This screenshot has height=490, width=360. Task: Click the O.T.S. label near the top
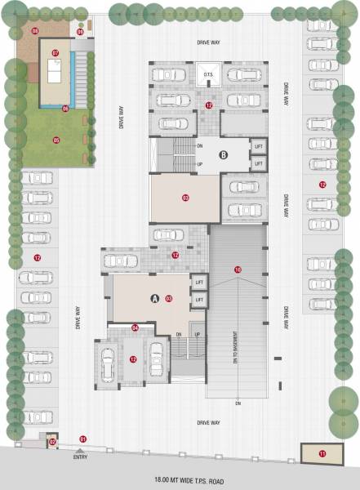point(207,75)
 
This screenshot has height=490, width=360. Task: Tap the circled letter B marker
point(222,154)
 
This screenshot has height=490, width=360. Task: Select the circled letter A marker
point(154,299)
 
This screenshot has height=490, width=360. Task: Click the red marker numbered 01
point(82,439)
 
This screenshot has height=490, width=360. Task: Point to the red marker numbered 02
point(52,442)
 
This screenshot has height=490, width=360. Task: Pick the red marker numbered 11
point(322,453)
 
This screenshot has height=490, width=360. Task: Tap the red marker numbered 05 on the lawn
point(56,140)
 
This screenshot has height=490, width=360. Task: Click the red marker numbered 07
point(56,53)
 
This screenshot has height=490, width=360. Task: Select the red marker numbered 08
point(35,30)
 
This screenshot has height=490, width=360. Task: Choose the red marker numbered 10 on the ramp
point(238,269)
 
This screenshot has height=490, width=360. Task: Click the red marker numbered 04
point(136,328)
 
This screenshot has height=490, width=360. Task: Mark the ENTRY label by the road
point(80,457)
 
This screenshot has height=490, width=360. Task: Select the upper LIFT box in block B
point(259,146)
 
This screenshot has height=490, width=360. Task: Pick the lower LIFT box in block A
point(198,301)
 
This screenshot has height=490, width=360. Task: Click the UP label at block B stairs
point(200,164)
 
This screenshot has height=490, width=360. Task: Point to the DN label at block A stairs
point(178,334)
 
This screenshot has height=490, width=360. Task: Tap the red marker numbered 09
point(185,198)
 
